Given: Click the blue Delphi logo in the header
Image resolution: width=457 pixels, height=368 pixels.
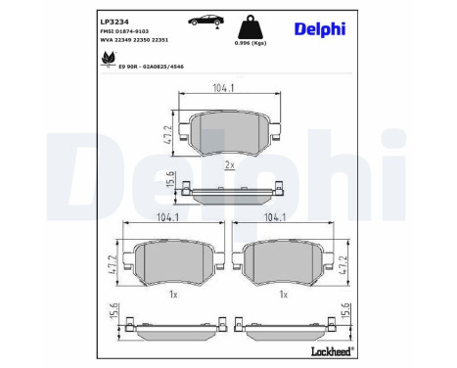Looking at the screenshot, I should click(x=321, y=28).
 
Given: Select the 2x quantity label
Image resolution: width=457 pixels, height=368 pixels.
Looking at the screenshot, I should click(x=229, y=164).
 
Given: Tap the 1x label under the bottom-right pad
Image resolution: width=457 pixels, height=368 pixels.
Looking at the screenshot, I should click(x=284, y=293).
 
